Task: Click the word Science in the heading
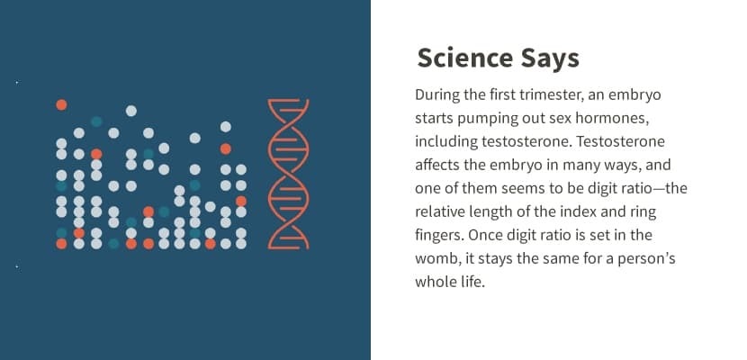pos(464,58)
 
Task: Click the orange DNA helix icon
pos(288,174)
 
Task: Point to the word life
pos(473,282)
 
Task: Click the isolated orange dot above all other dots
pos(61,104)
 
